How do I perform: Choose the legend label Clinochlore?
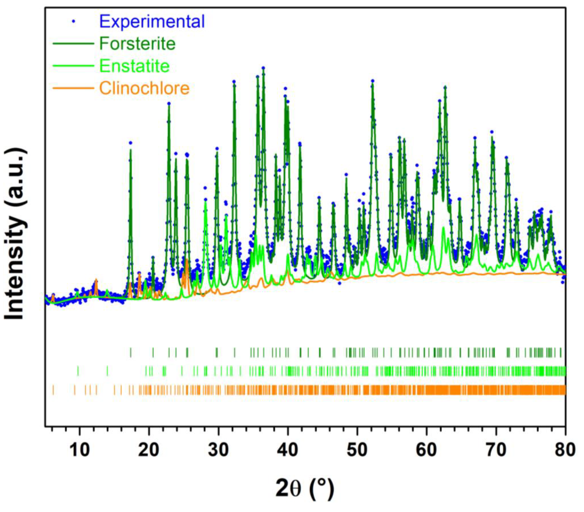coord(144,88)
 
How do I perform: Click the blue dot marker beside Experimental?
coord(74,21)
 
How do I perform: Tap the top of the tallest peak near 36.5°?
coord(263,68)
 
